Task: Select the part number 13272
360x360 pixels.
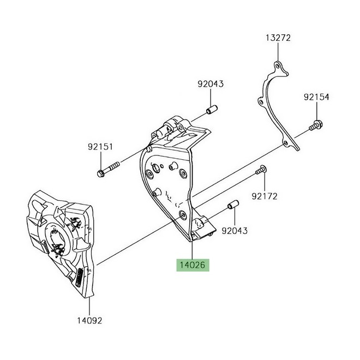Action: [x=278, y=38]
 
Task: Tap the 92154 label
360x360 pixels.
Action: [x=317, y=97]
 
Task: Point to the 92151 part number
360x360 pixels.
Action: [x=100, y=147]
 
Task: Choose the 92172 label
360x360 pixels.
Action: [x=265, y=195]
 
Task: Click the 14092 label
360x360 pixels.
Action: [x=89, y=320]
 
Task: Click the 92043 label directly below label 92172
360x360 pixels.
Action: [x=235, y=231]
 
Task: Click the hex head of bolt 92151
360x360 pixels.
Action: [x=101, y=173]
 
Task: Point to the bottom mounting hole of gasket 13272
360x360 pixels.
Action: [x=285, y=143]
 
